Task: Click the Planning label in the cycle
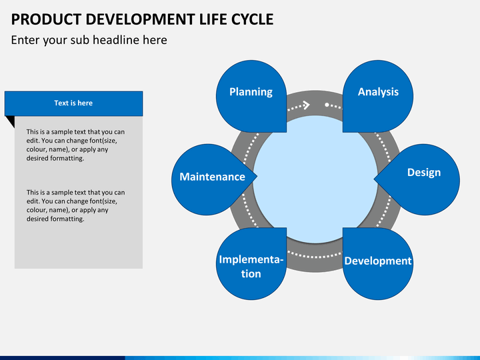(x=251, y=92)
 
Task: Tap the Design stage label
(x=423, y=173)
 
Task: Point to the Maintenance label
(x=212, y=177)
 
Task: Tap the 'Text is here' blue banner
(x=73, y=103)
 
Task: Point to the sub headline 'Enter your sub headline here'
(x=89, y=40)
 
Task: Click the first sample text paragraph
(x=75, y=145)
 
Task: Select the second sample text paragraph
(x=75, y=205)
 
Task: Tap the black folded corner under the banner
(x=9, y=121)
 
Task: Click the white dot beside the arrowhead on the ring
(x=327, y=105)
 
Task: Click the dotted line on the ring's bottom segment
(x=315, y=255)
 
